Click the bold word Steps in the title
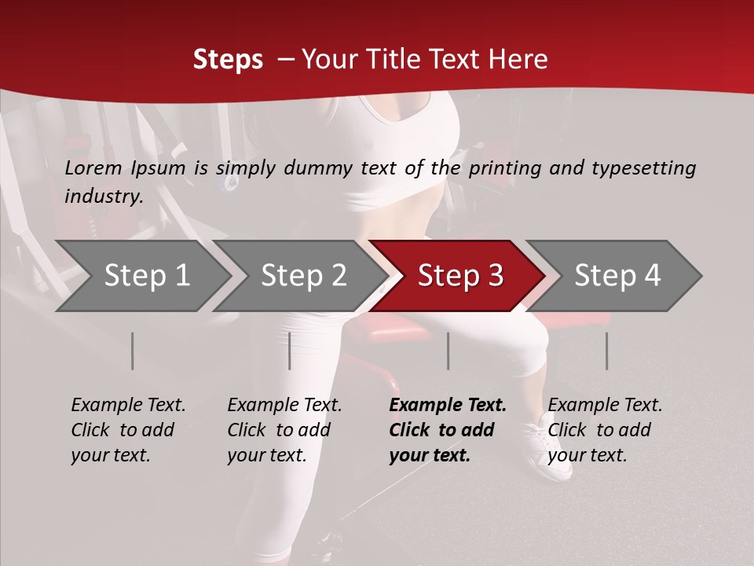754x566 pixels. (x=228, y=60)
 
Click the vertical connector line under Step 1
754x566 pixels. (x=133, y=351)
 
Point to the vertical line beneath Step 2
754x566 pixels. (x=290, y=351)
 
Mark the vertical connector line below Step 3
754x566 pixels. (x=448, y=351)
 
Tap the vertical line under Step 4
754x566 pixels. (x=606, y=351)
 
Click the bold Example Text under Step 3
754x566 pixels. (x=448, y=430)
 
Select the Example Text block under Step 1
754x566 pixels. (x=128, y=430)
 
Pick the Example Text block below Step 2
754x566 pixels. (x=284, y=430)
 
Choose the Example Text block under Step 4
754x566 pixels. (x=605, y=430)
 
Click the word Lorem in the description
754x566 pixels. (x=93, y=167)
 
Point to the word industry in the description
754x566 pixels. (x=104, y=197)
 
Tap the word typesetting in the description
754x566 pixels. (x=643, y=168)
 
